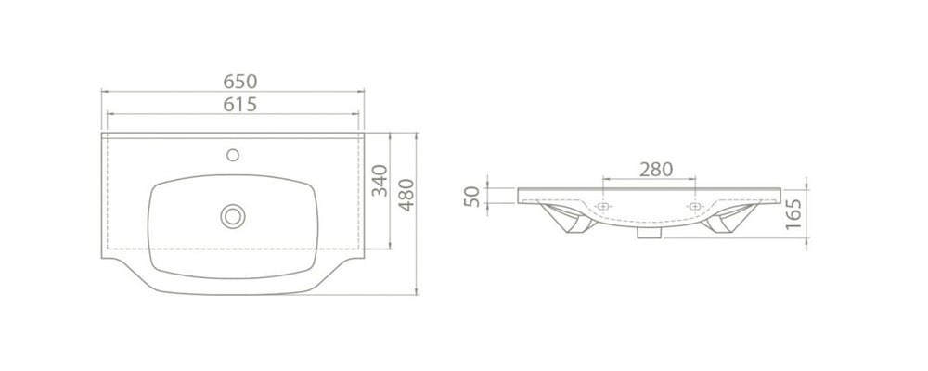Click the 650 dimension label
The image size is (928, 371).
point(240,81)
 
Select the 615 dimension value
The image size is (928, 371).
point(240,104)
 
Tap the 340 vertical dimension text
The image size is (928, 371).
point(379,181)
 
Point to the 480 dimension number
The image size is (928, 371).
point(406,195)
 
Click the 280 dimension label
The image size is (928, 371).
point(656,169)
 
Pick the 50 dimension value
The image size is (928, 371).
point(471,197)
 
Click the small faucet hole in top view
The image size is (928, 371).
point(233,155)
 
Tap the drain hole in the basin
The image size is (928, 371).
point(233,216)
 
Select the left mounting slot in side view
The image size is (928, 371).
point(603,207)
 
